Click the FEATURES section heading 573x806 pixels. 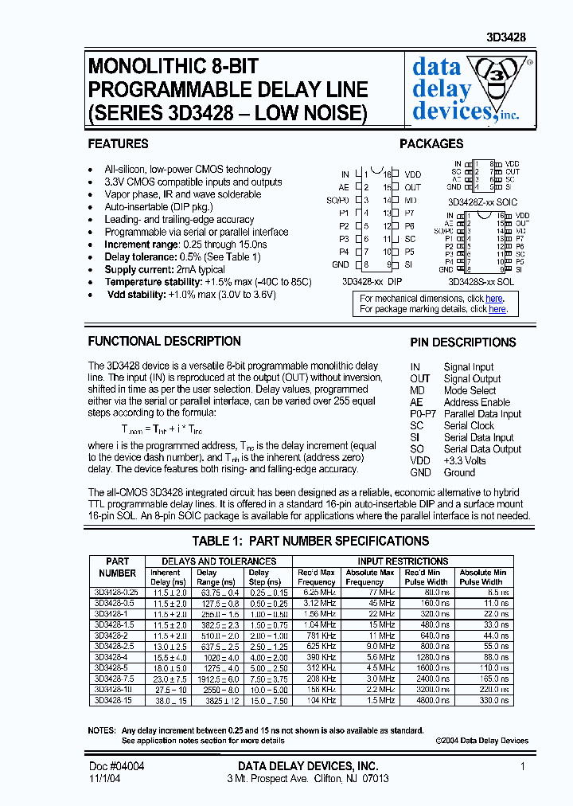(118, 144)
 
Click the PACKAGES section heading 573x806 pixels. (431, 144)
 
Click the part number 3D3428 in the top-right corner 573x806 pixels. (506, 37)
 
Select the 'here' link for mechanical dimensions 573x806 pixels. (494, 299)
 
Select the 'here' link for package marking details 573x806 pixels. (497, 309)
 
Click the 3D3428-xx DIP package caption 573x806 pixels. (372, 281)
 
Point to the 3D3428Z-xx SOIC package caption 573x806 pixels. (482, 203)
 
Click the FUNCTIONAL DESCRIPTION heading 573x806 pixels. (164, 341)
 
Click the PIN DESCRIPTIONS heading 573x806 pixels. (463, 342)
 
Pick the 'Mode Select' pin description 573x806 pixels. (470, 390)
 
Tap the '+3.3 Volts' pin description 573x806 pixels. (465, 460)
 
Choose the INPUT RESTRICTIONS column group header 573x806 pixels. (404, 561)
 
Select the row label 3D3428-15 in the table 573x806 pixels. (111, 700)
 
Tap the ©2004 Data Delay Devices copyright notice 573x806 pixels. (481, 740)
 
